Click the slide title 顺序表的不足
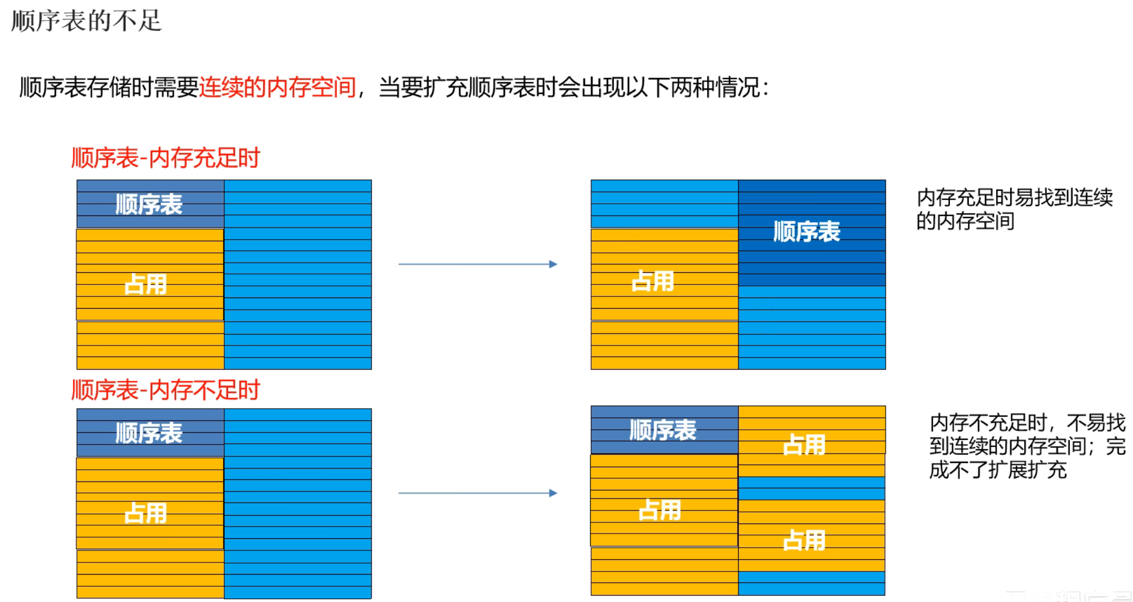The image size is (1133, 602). [86, 21]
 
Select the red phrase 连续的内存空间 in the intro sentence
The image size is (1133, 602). [277, 87]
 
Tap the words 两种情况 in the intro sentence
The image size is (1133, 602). [715, 87]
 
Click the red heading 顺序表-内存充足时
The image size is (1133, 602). [165, 158]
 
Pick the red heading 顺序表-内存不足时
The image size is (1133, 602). [165, 390]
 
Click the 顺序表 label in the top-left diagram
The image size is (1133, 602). [149, 204]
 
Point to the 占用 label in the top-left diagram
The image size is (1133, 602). [146, 284]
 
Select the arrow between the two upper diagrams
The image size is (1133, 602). [478, 264]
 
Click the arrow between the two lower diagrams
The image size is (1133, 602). [478, 493]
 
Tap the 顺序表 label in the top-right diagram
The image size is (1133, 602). [807, 232]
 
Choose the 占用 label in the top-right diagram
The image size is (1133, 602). [653, 281]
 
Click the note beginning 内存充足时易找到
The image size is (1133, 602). [1014, 209]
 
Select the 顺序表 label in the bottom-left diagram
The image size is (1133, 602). [149, 433]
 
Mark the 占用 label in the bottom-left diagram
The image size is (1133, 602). [146, 513]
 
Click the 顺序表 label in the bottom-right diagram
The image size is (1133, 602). [663, 430]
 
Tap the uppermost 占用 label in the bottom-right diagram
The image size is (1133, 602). [804, 445]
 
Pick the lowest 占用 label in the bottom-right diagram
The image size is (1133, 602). [804, 540]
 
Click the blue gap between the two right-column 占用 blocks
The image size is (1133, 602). [811, 488]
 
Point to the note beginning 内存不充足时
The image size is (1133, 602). [1027, 446]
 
